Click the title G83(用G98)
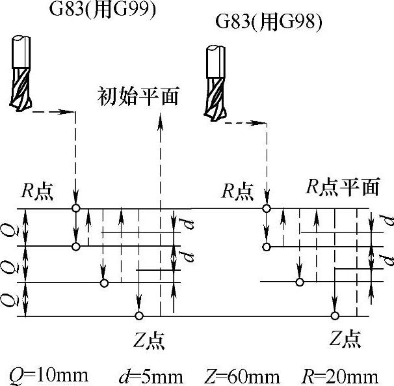click(x=269, y=23)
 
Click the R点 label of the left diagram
click(x=36, y=192)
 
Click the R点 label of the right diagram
click(x=237, y=192)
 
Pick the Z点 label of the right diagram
click(x=344, y=339)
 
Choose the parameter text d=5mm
click(x=151, y=376)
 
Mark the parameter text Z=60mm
click(x=242, y=376)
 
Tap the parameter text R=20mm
click(x=340, y=376)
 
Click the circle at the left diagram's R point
click(x=76, y=208)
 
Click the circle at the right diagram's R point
click(x=265, y=208)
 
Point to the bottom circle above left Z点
click(x=138, y=316)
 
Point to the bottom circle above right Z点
click(x=334, y=316)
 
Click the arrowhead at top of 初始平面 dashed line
click(x=160, y=119)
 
